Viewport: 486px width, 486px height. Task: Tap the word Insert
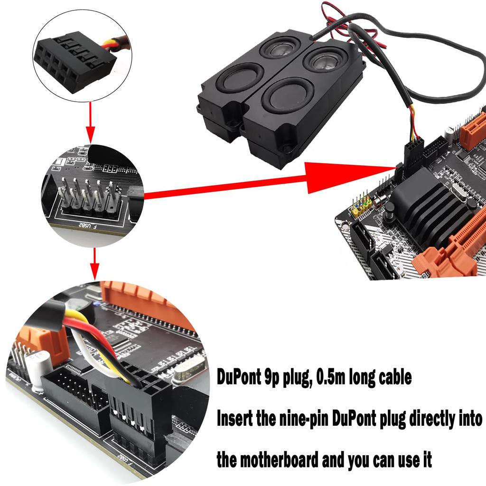[237, 419]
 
